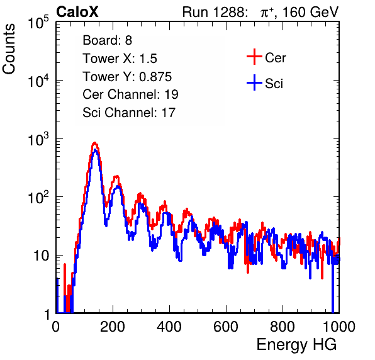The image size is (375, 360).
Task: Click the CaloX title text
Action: [x=77, y=11]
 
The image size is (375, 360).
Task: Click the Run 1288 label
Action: [x=215, y=12]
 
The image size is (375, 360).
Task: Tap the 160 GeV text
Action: [x=311, y=12]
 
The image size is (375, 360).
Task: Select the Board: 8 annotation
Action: [x=107, y=40]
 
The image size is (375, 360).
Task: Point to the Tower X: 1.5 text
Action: [x=120, y=59]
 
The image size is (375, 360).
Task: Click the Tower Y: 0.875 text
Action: [x=127, y=77]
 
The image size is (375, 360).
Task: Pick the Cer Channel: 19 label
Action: [x=130, y=94]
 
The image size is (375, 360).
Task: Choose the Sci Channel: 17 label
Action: [x=129, y=113]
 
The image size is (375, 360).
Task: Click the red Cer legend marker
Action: [x=254, y=57]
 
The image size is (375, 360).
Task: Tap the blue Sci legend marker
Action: [x=254, y=83]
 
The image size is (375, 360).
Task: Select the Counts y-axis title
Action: [x=9, y=49]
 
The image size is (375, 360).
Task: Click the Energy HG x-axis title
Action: [x=296, y=344]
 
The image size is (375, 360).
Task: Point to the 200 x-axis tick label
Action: [x=113, y=327]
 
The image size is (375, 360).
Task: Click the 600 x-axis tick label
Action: [x=226, y=327]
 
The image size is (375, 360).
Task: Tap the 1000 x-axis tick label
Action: [x=339, y=327]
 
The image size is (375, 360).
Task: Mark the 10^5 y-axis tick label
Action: [x=38, y=22]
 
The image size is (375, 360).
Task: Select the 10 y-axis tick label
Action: [x=42, y=256]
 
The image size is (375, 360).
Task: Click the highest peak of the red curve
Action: [x=95, y=143]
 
